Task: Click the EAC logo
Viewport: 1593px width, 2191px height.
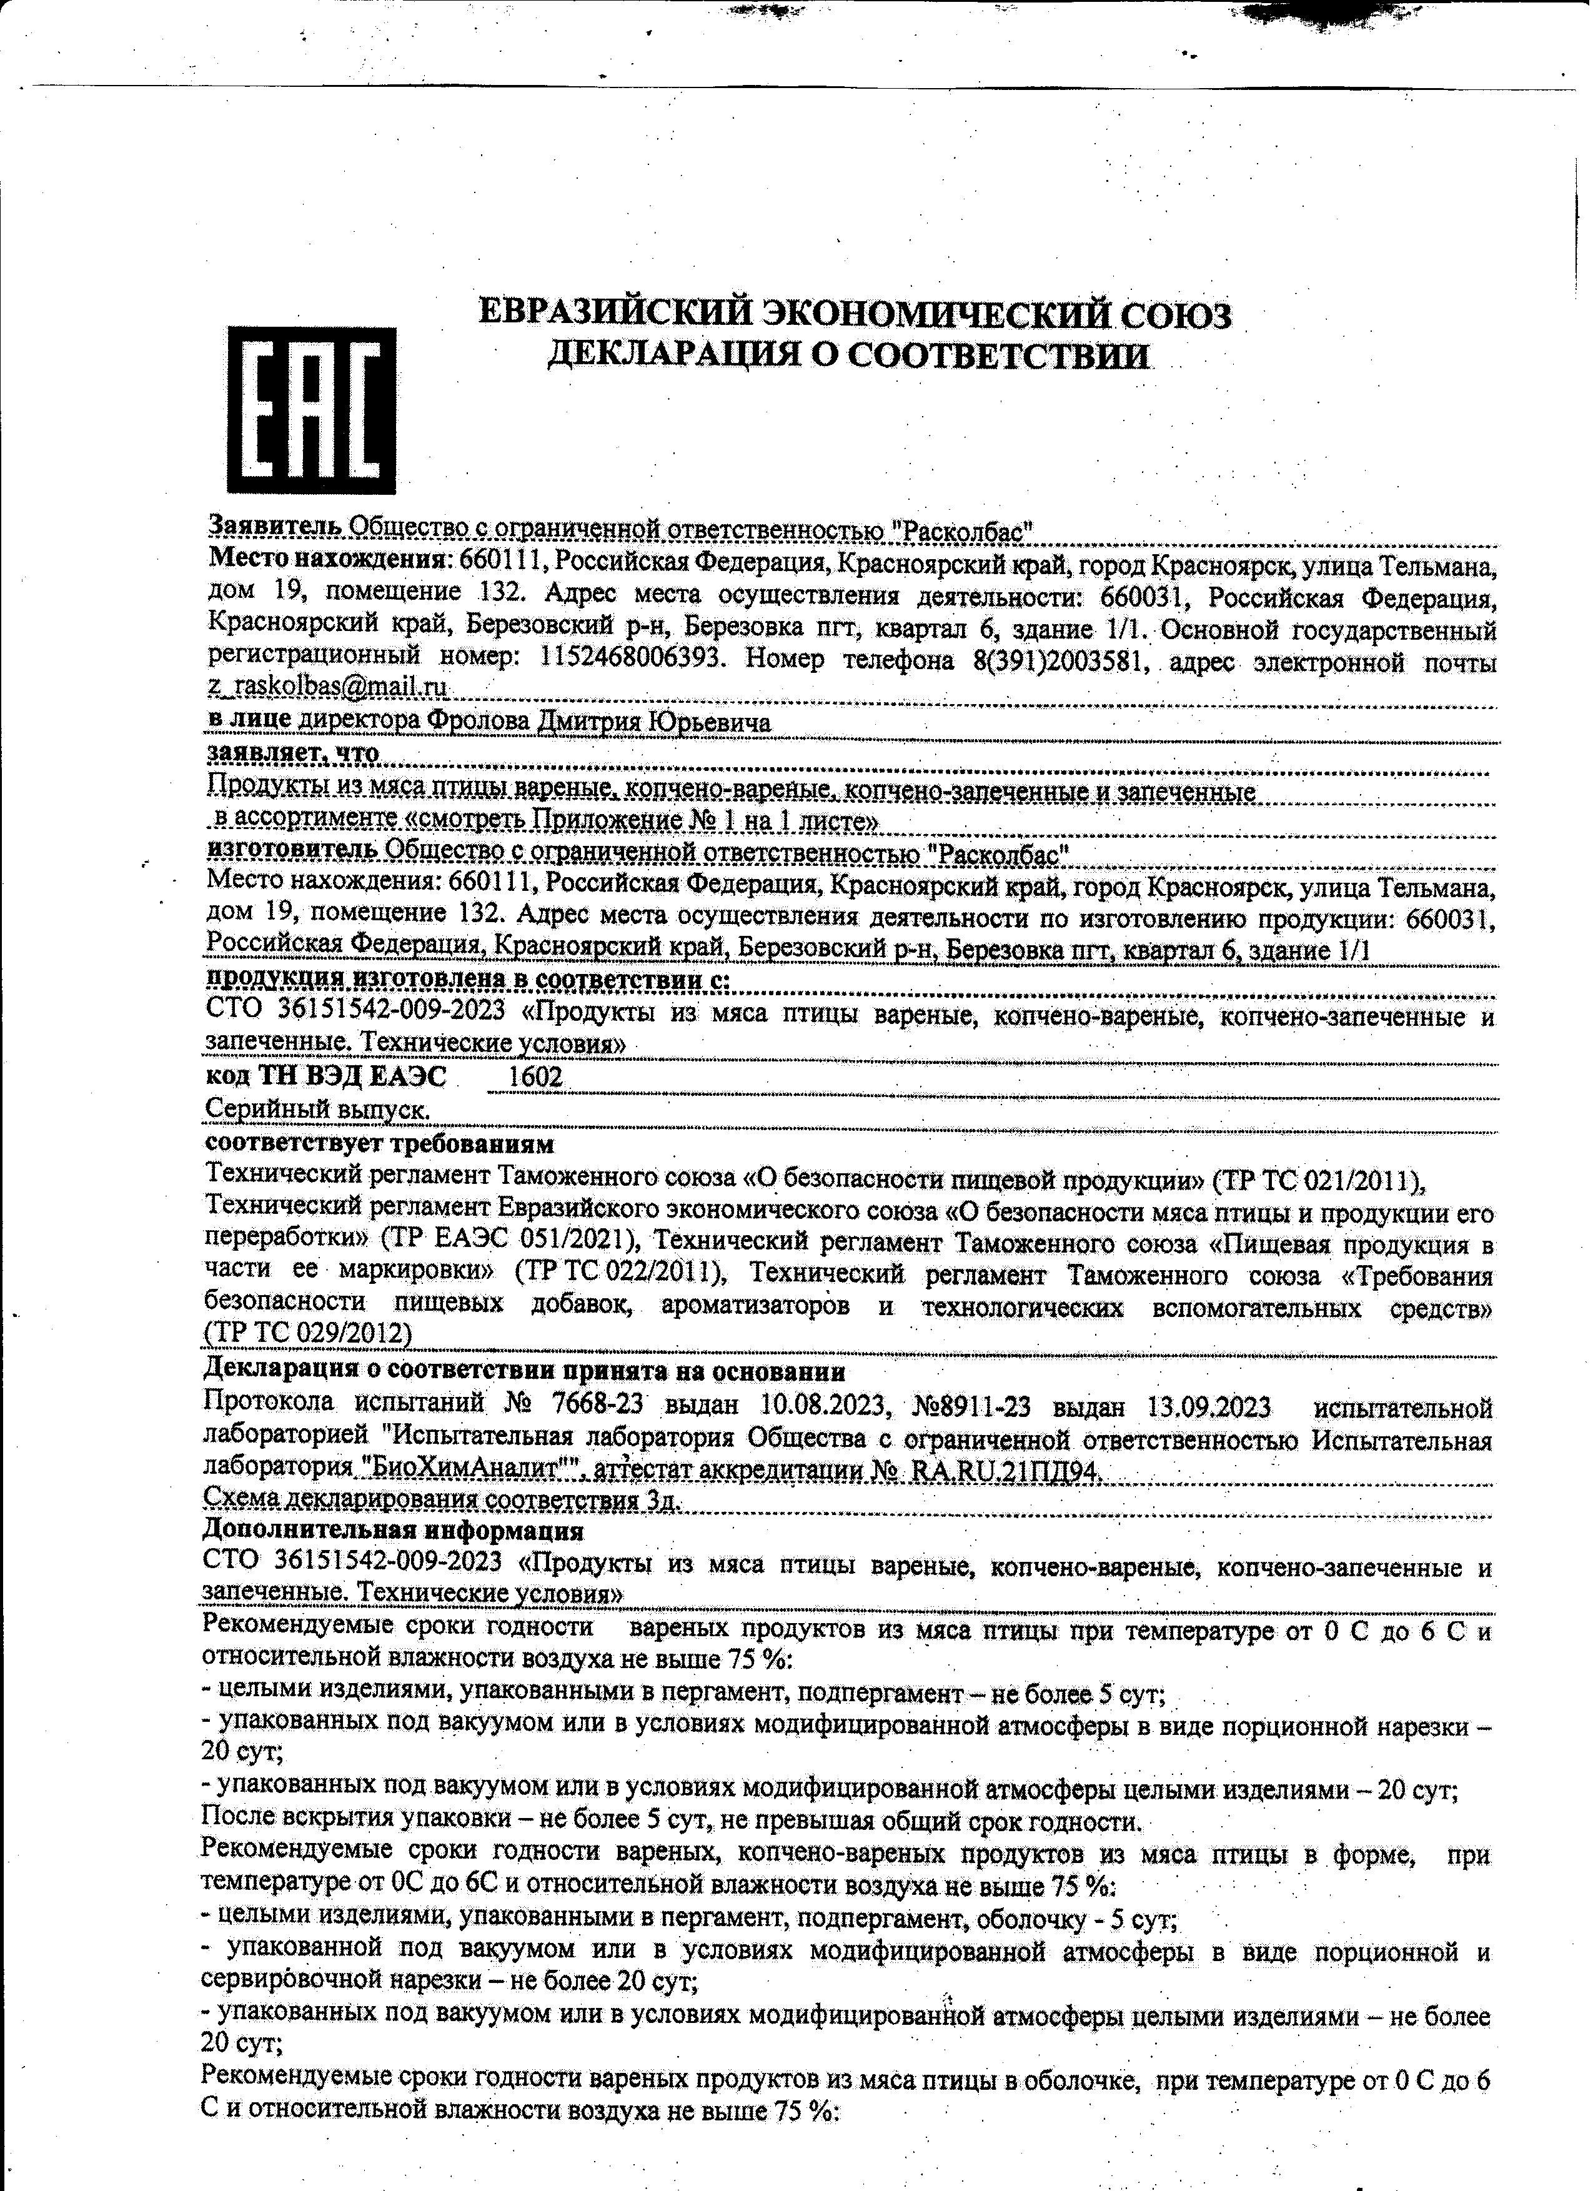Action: point(311,410)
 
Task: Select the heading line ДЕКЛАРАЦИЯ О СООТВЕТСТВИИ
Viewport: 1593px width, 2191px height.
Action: point(850,357)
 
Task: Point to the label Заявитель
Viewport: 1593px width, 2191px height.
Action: point(274,527)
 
